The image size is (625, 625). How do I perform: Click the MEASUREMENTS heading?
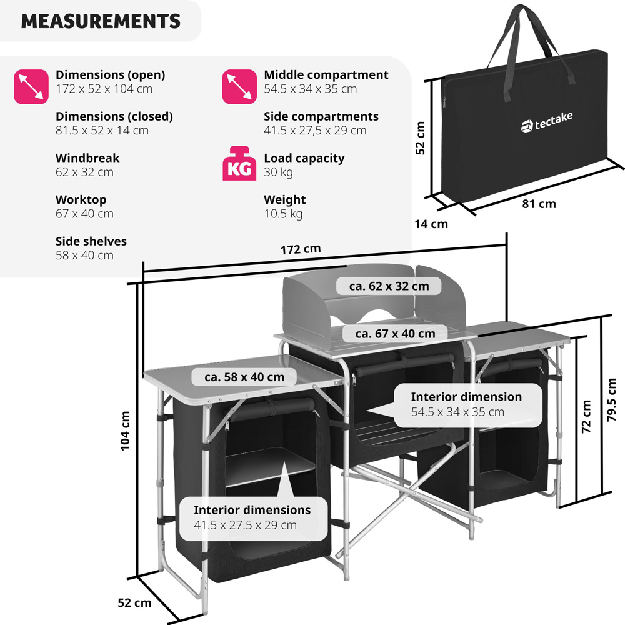101,21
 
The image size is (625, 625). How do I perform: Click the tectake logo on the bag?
546,122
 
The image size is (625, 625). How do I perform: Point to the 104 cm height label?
125,431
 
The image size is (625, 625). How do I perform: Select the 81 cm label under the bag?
539,204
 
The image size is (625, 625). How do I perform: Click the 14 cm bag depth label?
431,224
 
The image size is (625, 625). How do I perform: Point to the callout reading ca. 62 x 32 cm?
389,286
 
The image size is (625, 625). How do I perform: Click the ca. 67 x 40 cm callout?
395,334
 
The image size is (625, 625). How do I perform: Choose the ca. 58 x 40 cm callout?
244,377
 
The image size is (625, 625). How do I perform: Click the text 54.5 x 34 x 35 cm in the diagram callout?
457,412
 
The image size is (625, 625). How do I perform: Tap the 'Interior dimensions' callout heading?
252,510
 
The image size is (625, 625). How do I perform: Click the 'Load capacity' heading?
304,158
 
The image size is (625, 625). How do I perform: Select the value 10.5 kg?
283,214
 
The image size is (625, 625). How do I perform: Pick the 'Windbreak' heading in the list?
87,158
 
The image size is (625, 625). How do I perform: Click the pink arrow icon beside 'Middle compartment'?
239,86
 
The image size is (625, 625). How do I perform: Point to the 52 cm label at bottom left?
134,603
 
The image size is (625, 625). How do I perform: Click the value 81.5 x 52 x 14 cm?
102,131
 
